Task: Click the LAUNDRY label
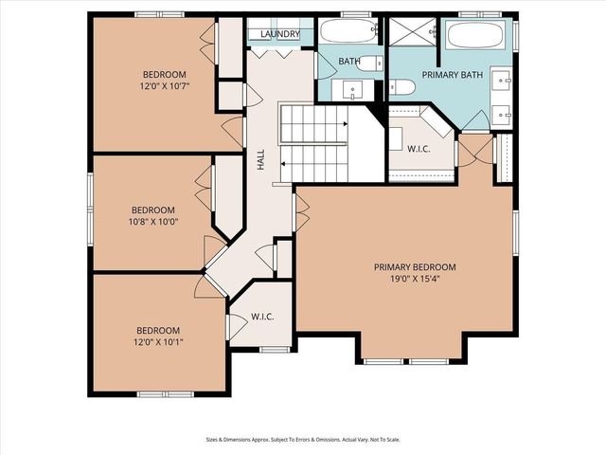pos(279,35)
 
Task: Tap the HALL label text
pos(260,161)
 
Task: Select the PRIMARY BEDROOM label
pos(415,267)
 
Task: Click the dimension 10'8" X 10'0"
pos(153,222)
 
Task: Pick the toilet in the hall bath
pos(373,64)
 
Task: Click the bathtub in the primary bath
pos(479,35)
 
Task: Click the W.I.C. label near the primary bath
pos(419,148)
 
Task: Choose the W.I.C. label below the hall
pos(262,317)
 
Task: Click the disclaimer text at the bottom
pos(302,439)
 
